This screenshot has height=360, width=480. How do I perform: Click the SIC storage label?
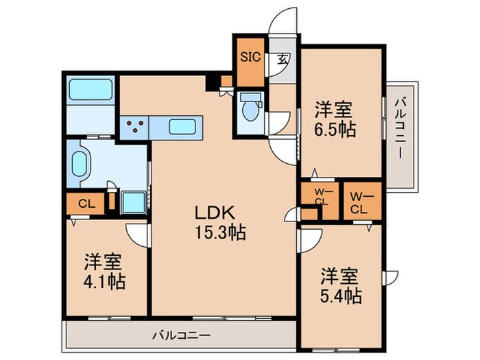tap(250, 57)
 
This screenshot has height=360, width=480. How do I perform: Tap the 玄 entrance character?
tap(283, 58)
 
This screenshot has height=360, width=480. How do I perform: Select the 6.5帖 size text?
tap(335, 129)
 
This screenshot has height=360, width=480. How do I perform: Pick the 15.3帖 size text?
tap(219, 232)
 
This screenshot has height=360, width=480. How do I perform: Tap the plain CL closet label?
tap(86, 203)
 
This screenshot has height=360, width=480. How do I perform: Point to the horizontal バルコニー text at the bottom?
tap(181, 336)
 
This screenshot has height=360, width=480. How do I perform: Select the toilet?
tap(251, 108)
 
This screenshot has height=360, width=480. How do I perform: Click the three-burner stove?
tap(135, 126)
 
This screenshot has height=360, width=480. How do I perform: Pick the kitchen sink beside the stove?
tap(182, 126)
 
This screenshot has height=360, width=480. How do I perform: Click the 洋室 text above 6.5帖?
tap(335, 108)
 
